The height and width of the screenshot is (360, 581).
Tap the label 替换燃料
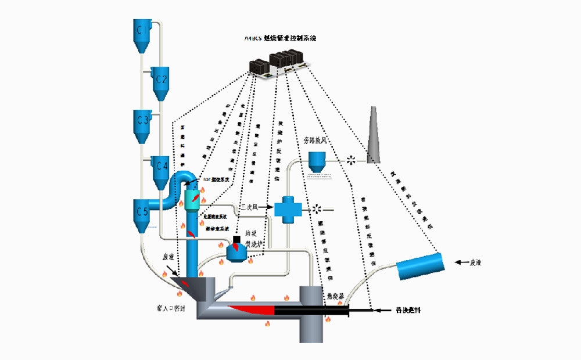click(x=406, y=311)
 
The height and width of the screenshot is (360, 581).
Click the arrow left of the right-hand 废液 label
click(x=462, y=262)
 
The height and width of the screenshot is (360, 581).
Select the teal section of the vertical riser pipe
click(x=192, y=198)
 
